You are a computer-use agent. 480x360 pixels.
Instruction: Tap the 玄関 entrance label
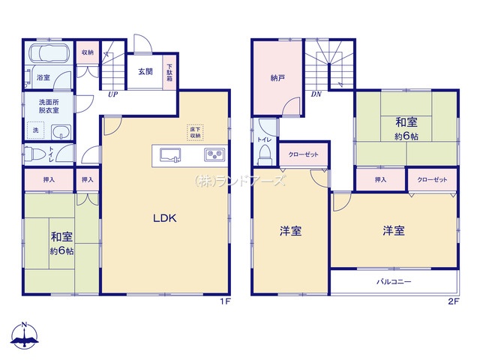pyautogui.click(x=145, y=72)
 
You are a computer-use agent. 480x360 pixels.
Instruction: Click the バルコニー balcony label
pyautogui.click(x=394, y=283)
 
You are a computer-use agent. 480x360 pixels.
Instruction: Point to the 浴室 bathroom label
pyautogui.click(x=43, y=77)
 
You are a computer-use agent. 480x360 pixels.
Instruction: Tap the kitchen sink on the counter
pyautogui.click(x=171, y=156)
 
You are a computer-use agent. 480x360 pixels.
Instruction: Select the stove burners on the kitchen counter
pyautogui.click(x=216, y=156)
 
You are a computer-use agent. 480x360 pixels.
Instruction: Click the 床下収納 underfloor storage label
pyautogui.click(x=194, y=133)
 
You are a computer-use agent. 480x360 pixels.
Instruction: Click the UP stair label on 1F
pyautogui.click(x=113, y=95)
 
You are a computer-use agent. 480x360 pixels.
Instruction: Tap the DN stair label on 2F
pyautogui.click(x=317, y=95)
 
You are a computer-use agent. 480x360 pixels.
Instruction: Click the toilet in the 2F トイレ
pyautogui.click(x=264, y=154)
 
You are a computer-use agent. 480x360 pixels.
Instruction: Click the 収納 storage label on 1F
pyautogui.click(x=88, y=52)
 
